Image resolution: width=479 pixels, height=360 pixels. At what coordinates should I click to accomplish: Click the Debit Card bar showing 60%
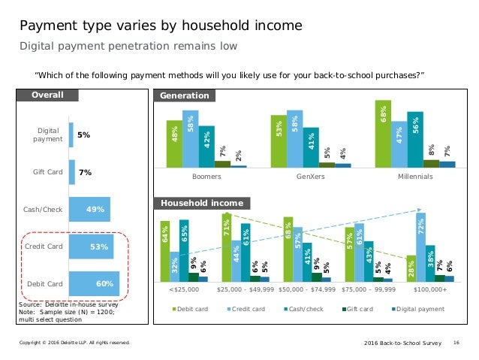pos(94,284)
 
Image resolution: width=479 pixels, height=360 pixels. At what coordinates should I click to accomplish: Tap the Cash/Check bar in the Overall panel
pos(89,210)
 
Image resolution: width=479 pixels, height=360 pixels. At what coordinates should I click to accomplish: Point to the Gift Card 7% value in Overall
pos(85,172)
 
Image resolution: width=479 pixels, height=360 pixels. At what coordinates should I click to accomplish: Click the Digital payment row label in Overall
pos(48,135)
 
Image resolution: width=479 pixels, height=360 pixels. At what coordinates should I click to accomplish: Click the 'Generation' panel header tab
pos(182,95)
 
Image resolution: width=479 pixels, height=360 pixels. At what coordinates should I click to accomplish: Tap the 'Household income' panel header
pos(201,204)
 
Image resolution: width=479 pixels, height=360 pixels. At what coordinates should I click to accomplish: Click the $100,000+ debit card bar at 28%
pos(411,268)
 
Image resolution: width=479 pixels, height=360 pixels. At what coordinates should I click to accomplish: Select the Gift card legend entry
pos(361,310)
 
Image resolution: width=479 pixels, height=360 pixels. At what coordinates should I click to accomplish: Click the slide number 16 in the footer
pos(456,343)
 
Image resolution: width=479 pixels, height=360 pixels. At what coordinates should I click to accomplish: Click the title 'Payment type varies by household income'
pos(161,26)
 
